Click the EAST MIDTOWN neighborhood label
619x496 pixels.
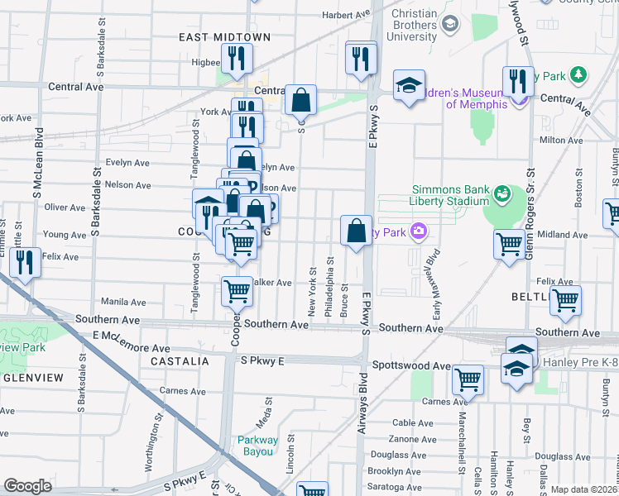(x=214, y=37)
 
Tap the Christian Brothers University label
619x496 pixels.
(x=404, y=26)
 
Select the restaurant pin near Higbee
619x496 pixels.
(x=238, y=58)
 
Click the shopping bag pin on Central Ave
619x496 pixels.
(x=300, y=101)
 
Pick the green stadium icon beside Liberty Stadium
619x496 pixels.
(x=502, y=194)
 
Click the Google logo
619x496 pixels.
(x=27, y=486)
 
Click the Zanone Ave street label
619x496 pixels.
(x=412, y=439)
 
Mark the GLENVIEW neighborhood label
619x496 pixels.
(x=32, y=377)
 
